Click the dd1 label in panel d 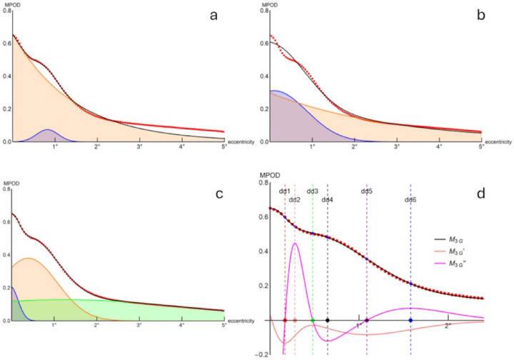pyautogui.click(x=284, y=191)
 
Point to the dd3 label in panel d pyautogui.click(x=313, y=191)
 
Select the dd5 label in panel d pyautogui.click(x=367, y=191)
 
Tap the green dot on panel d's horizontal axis pyautogui.click(x=313, y=320)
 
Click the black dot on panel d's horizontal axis pyautogui.click(x=328, y=320)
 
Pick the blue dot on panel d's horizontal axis pyautogui.click(x=410, y=320)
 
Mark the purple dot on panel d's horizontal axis pyautogui.click(x=367, y=320)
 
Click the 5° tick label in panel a pyautogui.click(x=223, y=147)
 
